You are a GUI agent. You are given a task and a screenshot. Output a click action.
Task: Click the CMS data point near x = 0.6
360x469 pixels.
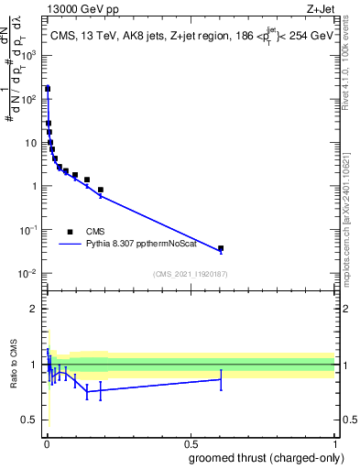point(221,248)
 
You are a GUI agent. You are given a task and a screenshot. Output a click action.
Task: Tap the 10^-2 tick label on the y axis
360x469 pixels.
point(29,274)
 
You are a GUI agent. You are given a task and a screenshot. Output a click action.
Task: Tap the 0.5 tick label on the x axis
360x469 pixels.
point(190,442)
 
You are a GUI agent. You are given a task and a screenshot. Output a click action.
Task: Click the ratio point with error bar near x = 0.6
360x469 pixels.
point(221,379)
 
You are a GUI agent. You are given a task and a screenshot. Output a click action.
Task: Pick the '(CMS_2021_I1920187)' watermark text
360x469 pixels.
point(190,274)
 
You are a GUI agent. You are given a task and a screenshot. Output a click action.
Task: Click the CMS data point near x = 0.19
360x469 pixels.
point(100,190)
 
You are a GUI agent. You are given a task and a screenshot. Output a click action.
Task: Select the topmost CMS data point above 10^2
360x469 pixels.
point(47,89)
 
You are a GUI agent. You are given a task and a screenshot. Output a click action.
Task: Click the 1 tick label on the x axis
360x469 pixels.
point(334,442)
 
